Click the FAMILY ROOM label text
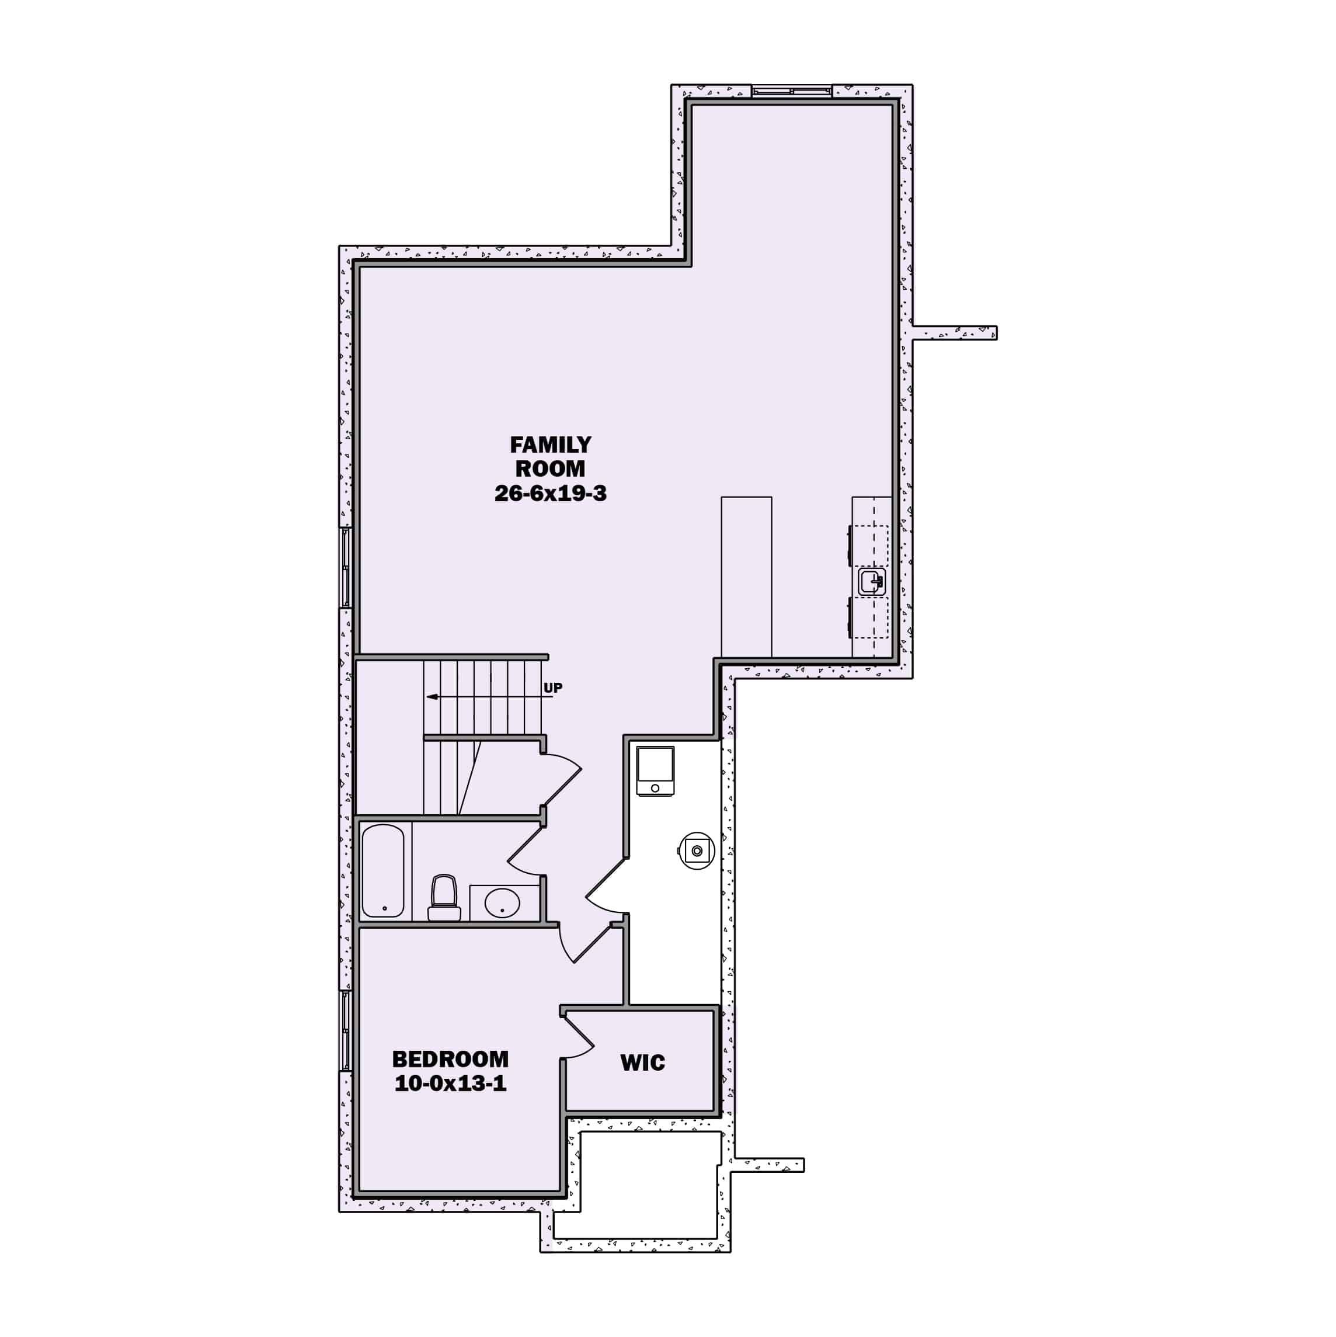click(550, 456)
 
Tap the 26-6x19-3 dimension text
click(550, 494)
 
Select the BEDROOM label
click(450, 1059)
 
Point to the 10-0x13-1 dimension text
click(450, 1084)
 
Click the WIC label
click(642, 1063)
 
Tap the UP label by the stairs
click(553, 688)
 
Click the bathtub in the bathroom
click(382, 870)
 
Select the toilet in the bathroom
click(444, 898)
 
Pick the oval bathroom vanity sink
click(502, 903)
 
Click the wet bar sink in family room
click(872, 581)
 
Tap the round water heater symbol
click(696, 850)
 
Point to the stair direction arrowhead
click(432, 697)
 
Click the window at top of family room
click(792, 91)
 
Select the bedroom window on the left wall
click(345, 1030)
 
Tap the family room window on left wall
click(345, 568)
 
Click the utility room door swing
click(606, 886)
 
